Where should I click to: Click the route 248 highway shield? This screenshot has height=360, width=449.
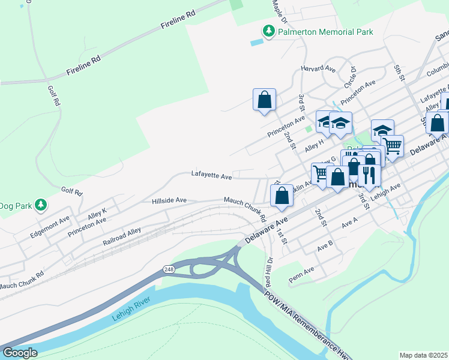[x=169, y=271]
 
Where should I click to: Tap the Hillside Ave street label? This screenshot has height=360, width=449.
[x=169, y=200]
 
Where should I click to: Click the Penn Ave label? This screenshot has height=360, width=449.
[x=301, y=275]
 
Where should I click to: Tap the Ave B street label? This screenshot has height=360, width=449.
[x=325, y=246]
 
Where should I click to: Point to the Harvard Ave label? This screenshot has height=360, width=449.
[x=319, y=68]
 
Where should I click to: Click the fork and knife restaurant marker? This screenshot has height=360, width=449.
[x=369, y=175]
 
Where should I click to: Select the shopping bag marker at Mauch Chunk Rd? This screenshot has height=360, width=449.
[x=282, y=196]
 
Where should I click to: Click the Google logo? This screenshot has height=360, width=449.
[x=20, y=353]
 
